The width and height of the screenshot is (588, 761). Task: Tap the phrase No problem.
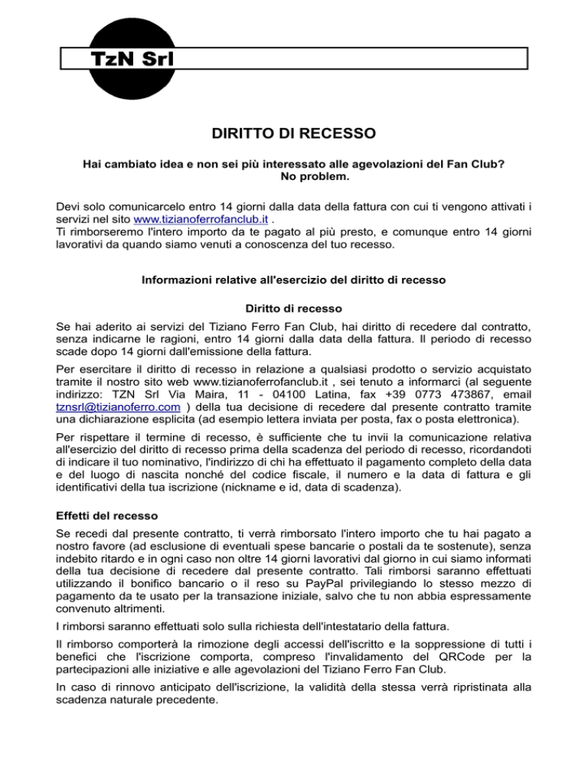(293, 177)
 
